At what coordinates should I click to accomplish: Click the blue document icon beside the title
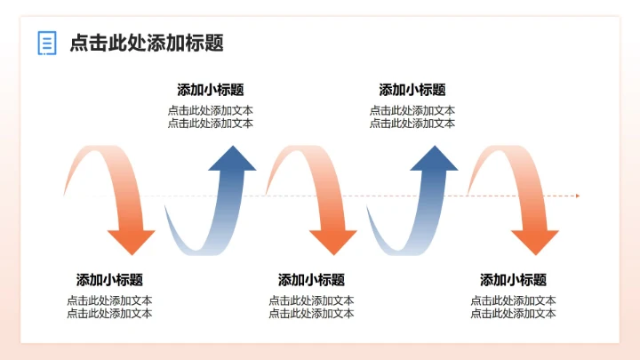(47, 42)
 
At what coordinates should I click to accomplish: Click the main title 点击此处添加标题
(146, 42)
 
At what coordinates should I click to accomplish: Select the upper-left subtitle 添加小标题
(211, 90)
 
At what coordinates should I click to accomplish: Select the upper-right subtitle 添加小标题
(412, 90)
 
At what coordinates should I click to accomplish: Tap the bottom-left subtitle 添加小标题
(109, 279)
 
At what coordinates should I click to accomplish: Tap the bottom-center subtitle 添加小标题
(311, 279)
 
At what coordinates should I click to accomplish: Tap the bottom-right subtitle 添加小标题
(513, 279)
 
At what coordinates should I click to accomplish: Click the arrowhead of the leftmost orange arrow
(131, 241)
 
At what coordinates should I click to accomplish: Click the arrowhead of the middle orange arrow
(332, 241)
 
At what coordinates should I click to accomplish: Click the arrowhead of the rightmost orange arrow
(534, 241)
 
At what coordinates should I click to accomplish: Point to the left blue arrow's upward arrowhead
(232, 158)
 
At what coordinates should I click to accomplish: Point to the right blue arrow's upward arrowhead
(434, 158)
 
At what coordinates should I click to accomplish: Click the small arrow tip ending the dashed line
(577, 196)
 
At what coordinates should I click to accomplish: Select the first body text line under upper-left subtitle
(211, 111)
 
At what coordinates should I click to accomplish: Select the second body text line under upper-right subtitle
(412, 124)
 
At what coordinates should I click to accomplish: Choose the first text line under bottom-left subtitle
(109, 300)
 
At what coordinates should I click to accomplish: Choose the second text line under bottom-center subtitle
(311, 313)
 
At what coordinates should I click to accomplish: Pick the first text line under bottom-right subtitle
(513, 300)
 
